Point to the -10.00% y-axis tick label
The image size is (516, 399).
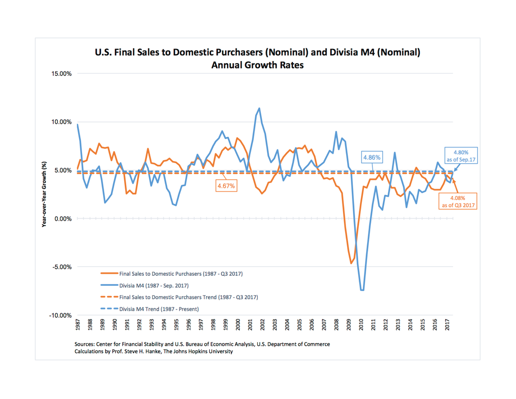pyautogui.click(x=58, y=315)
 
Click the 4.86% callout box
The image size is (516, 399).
pyautogui.click(x=371, y=157)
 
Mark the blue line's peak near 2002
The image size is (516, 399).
pyautogui.click(x=259, y=108)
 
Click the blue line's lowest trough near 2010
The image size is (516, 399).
pyautogui.click(x=362, y=290)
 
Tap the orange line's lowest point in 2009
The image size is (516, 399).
pyautogui.click(x=351, y=263)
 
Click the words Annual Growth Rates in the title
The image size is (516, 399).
pyautogui.click(x=257, y=66)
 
